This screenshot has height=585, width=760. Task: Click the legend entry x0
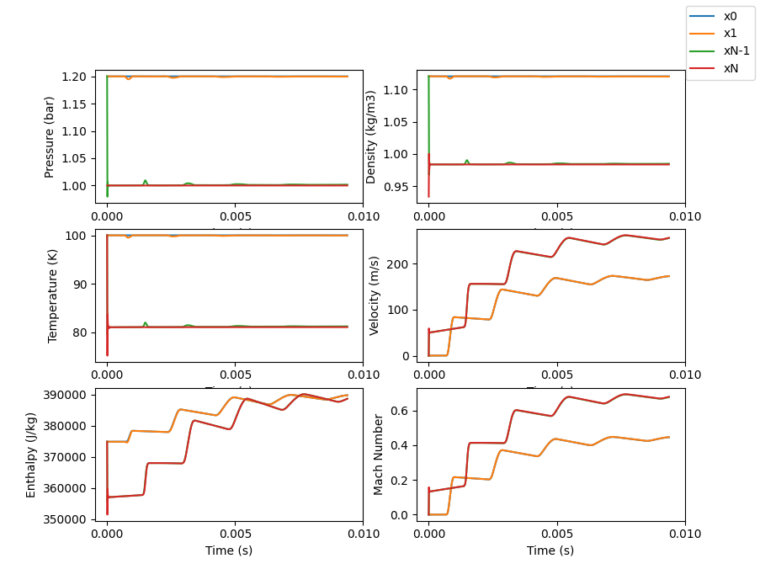pos(730,16)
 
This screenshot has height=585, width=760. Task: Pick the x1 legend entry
pos(730,33)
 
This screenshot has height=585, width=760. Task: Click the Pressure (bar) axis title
pos(50,136)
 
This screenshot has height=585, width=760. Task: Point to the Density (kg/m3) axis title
pos(371,136)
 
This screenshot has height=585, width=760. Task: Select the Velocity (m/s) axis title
pos(374,295)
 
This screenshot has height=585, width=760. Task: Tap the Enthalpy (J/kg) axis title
pos(31,455)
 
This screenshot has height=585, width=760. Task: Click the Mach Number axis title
pos(378,455)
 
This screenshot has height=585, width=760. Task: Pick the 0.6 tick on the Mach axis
pos(403,411)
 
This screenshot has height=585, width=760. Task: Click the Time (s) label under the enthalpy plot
pos(229,550)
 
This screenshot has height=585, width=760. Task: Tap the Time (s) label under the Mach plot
pos(550,550)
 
